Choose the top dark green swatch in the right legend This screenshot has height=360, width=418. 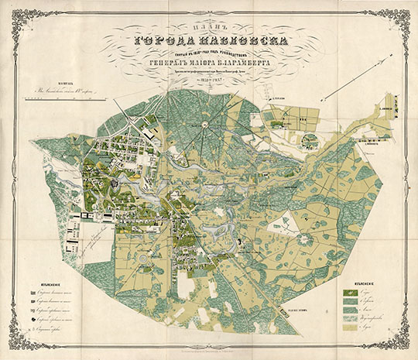click(x=349, y=295)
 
